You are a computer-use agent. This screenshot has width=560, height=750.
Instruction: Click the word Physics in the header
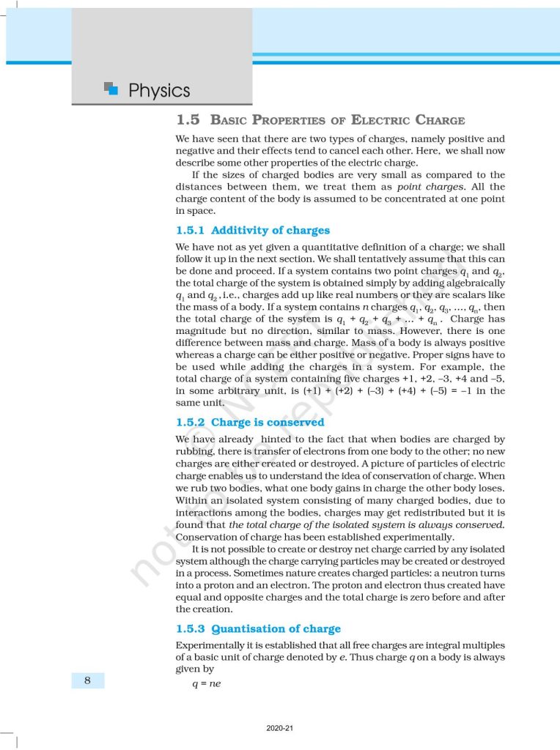(x=159, y=91)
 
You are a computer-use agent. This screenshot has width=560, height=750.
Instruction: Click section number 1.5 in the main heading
(x=188, y=120)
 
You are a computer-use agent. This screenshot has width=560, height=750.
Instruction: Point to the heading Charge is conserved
(x=268, y=423)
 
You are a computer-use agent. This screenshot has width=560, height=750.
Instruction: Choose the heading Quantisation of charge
(x=276, y=628)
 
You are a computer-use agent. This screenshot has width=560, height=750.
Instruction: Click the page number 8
(x=88, y=681)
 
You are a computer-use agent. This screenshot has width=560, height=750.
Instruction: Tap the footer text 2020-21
(x=280, y=728)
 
